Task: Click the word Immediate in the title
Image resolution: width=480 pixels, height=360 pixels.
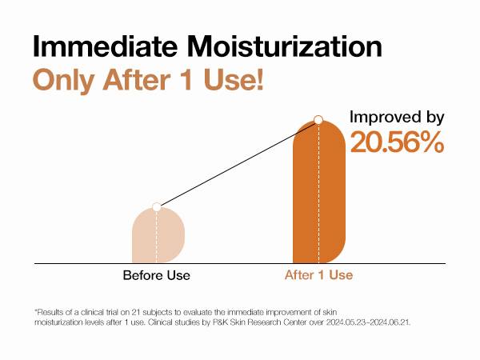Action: coord(105,46)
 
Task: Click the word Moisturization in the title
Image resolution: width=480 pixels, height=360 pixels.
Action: coord(284,46)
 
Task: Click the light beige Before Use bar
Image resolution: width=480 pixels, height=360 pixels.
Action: coord(158,235)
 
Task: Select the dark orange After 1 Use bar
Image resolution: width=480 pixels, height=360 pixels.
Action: coord(319,192)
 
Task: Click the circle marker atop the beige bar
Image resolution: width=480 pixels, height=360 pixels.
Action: coord(157,207)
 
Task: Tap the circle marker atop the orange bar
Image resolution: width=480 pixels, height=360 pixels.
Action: coord(318,120)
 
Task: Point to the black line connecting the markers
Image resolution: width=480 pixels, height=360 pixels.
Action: coord(238,163)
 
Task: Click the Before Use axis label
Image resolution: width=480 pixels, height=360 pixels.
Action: coord(157,275)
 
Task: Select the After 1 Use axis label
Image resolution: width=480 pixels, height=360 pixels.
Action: coord(318,275)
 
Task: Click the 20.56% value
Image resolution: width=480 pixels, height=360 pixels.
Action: coord(397,142)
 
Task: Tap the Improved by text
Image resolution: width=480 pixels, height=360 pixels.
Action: coord(397,118)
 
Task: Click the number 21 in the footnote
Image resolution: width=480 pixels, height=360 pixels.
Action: coord(136,313)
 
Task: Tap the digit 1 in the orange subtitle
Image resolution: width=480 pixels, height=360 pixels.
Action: coord(187,79)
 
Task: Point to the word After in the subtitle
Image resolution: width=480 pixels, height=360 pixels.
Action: coord(137,79)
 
